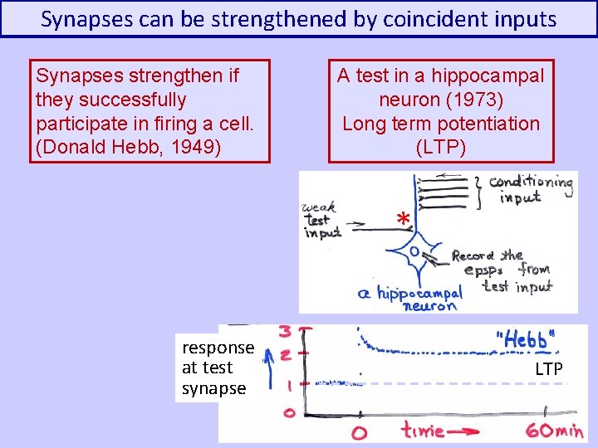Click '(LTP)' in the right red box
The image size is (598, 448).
[x=441, y=147]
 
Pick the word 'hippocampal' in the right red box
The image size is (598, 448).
[x=494, y=76]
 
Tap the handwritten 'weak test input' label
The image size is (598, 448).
[x=323, y=220]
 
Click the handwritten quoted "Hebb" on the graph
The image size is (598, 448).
[x=525, y=340]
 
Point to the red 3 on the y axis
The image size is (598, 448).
[x=285, y=332]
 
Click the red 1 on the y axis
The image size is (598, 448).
[x=287, y=384]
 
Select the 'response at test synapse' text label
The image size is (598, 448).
[x=217, y=368]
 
